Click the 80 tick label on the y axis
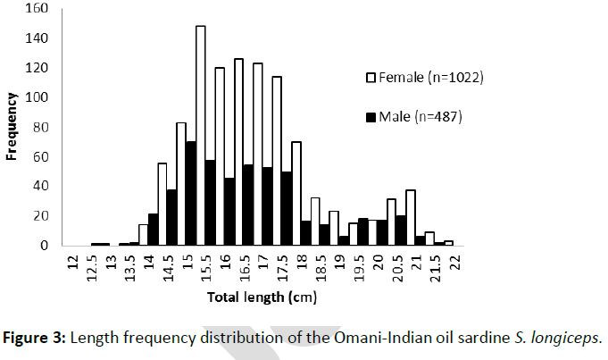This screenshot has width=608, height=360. pyautogui.click(x=41, y=127)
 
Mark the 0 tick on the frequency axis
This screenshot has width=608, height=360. pyautogui.click(x=46, y=245)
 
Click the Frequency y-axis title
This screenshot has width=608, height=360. pyautogui.click(x=12, y=127)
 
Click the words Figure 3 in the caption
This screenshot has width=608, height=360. pyautogui.click(x=36, y=337)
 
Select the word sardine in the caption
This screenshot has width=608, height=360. pyautogui.click(x=446, y=337)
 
